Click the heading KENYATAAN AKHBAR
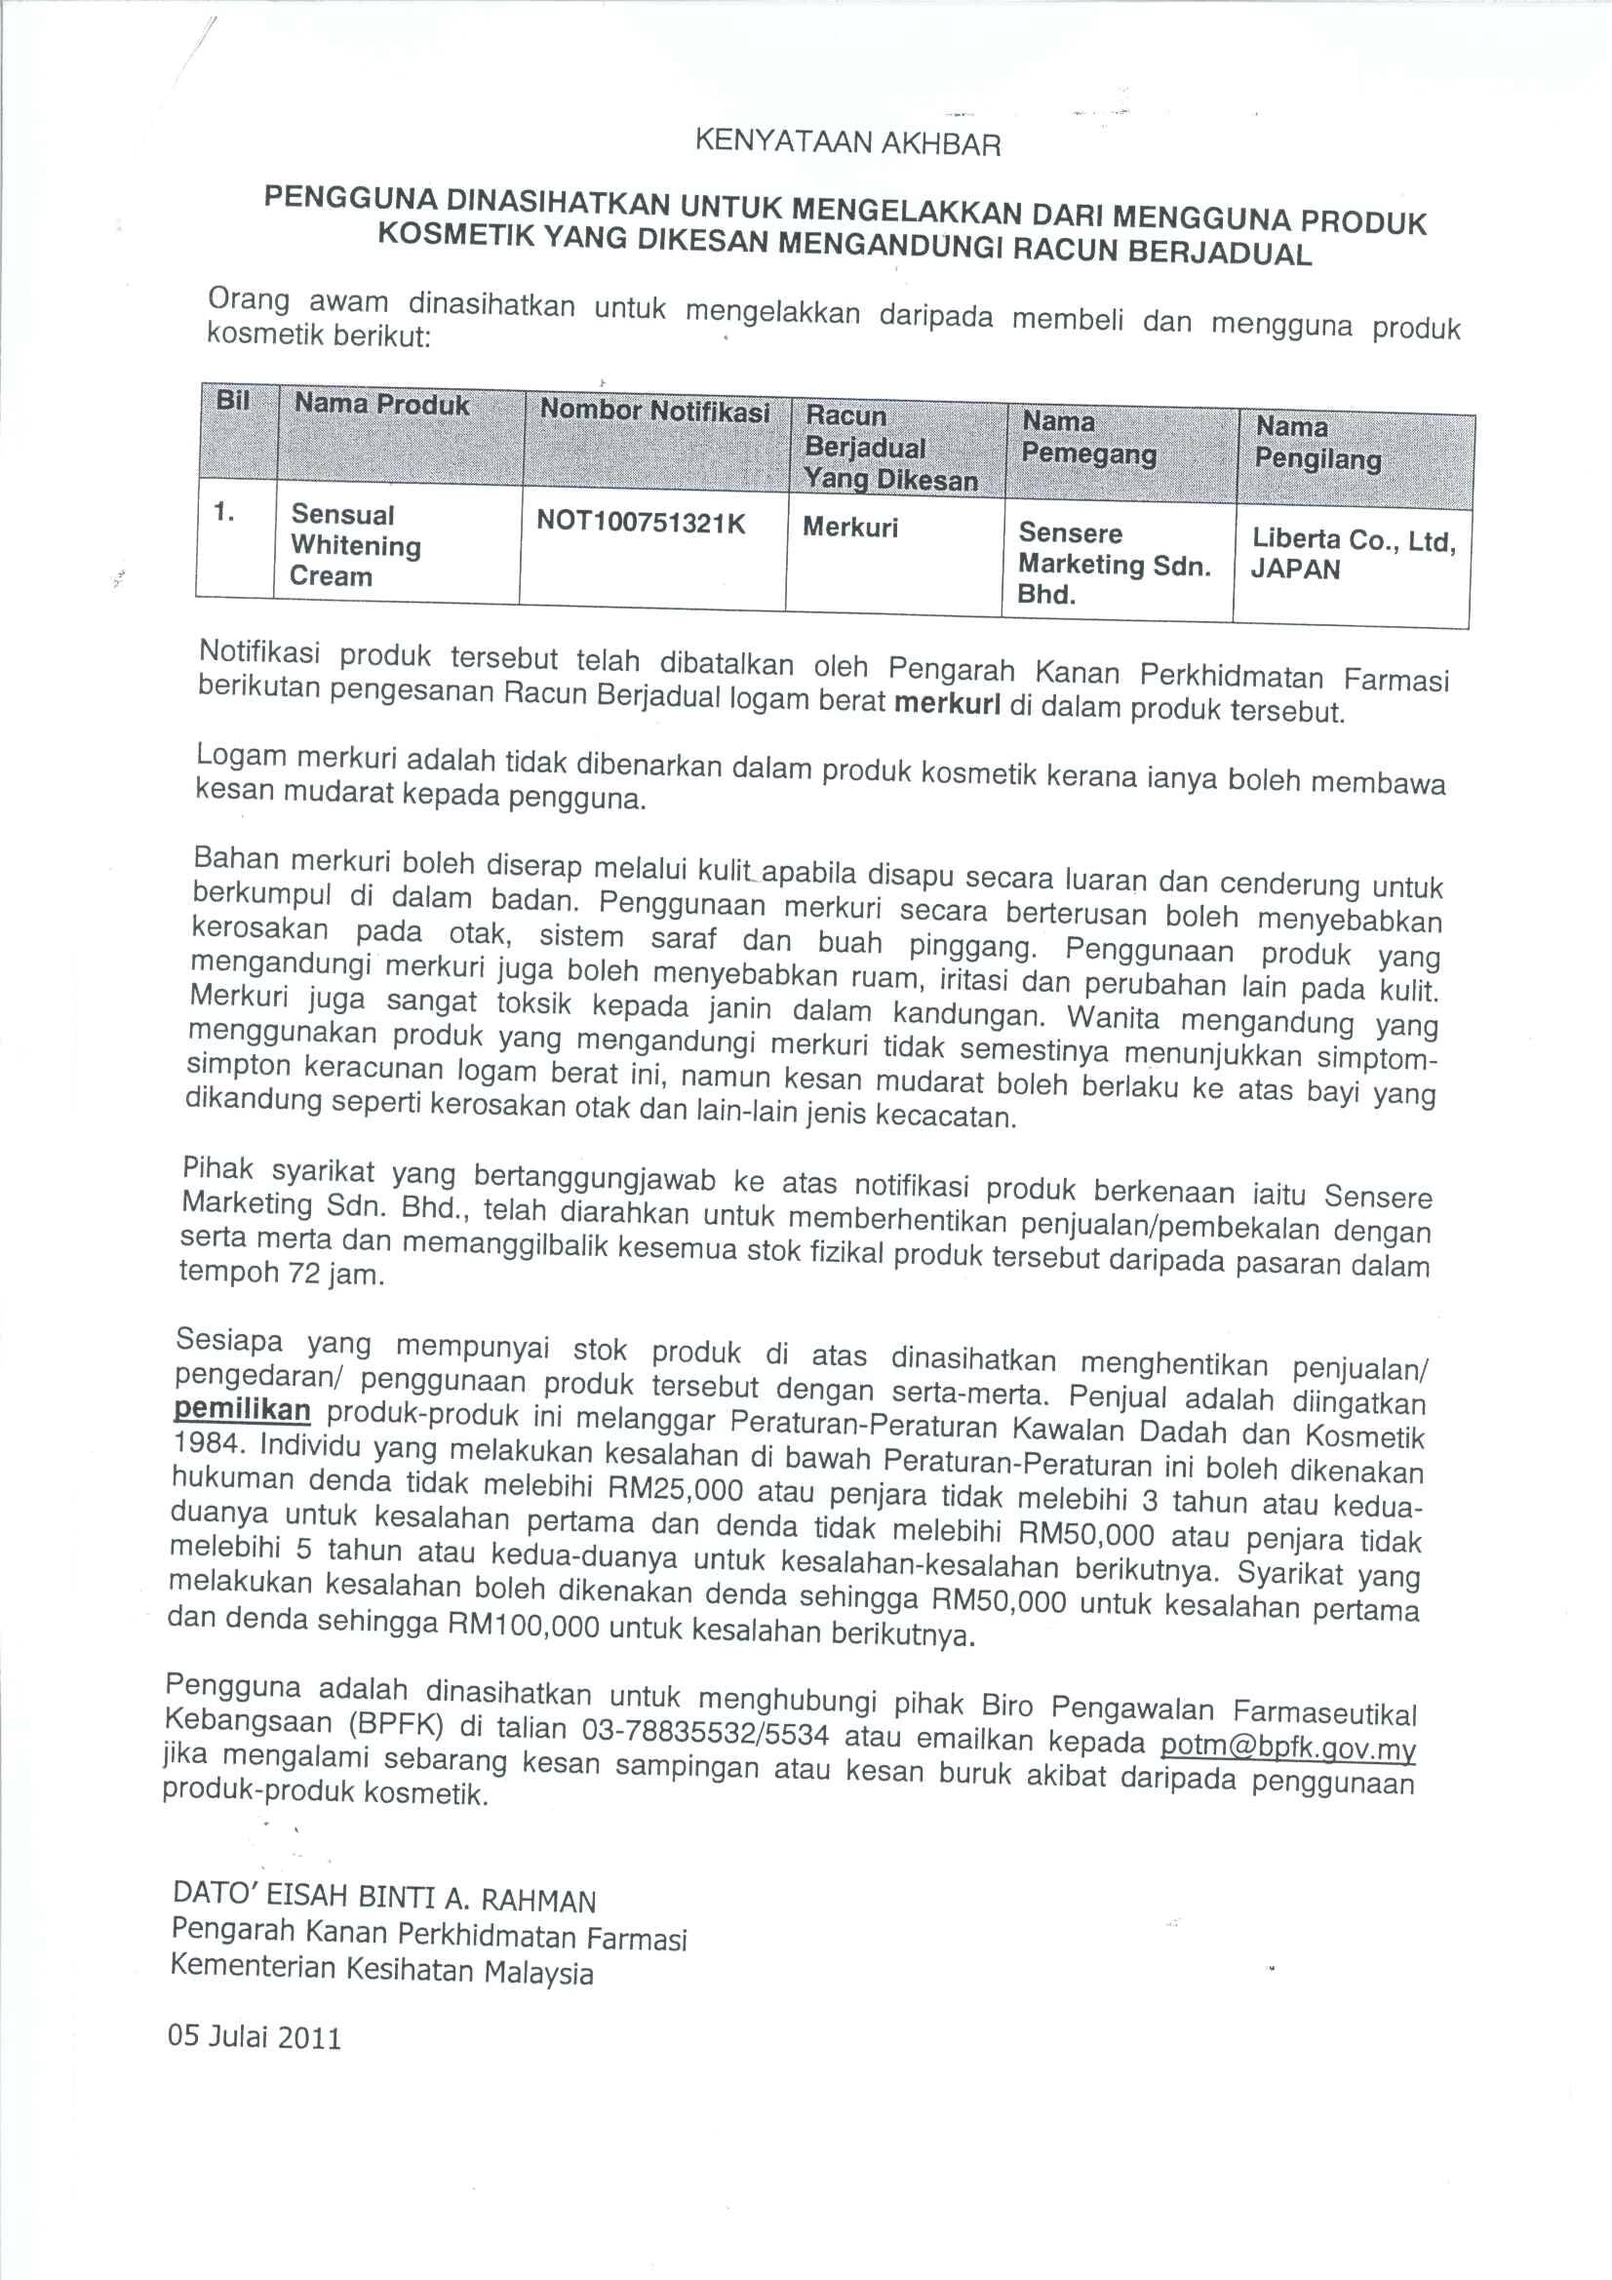click(847, 144)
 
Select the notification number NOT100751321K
click(641, 524)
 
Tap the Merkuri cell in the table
click(850, 528)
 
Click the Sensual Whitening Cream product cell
click(355, 545)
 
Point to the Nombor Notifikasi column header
click(654, 411)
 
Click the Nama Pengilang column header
click(1317, 443)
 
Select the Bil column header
click(232, 401)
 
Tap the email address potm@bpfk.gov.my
click(1288, 1747)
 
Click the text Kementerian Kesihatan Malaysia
click(381, 1967)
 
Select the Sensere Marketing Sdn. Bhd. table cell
click(1114, 564)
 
